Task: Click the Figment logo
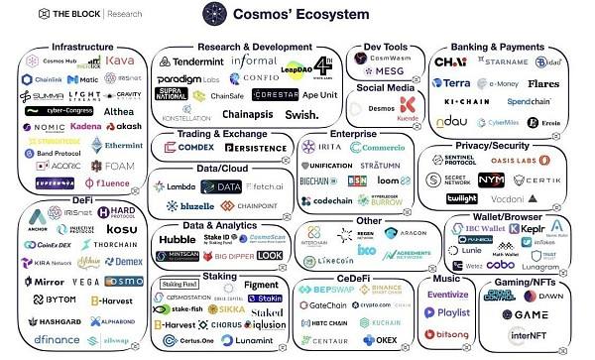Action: [260, 284]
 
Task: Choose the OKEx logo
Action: [382, 339]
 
